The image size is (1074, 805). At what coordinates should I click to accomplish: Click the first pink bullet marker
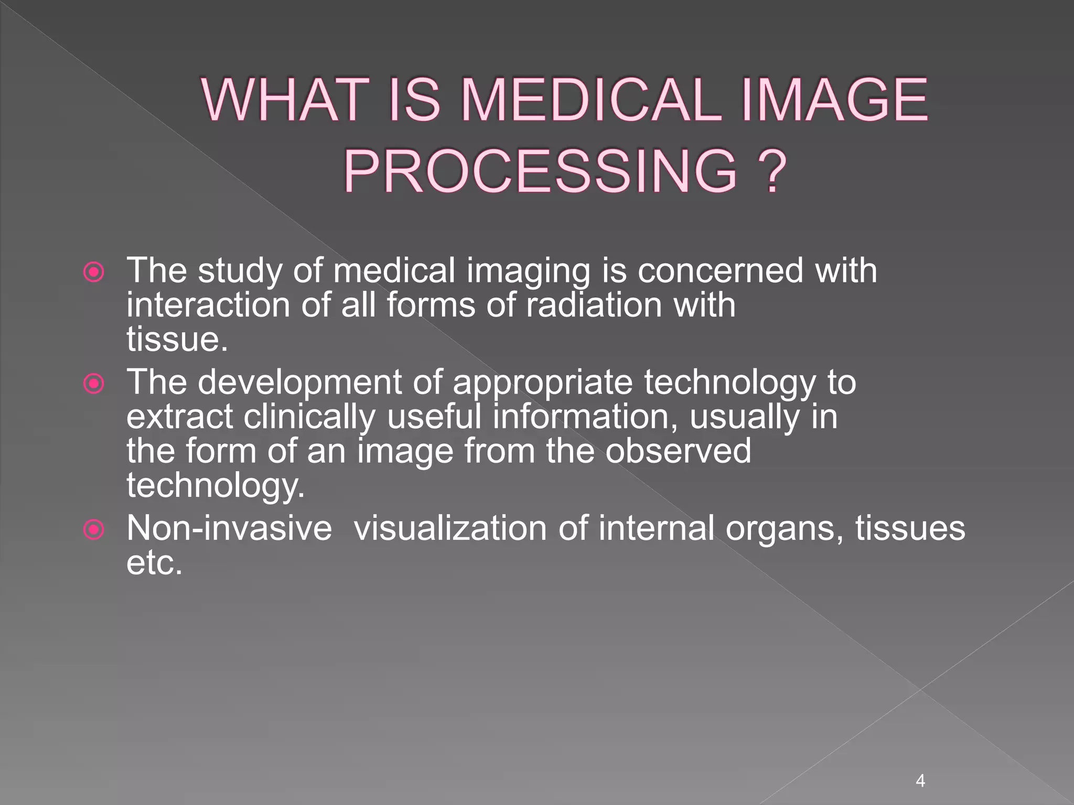point(94,272)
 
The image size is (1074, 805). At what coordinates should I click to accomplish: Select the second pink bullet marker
point(94,384)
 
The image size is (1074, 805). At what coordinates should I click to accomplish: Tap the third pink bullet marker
point(94,530)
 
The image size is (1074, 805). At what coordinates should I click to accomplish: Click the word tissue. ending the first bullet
point(177,340)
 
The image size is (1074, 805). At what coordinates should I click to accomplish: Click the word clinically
point(309,417)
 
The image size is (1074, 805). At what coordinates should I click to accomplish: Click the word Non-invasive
point(229,528)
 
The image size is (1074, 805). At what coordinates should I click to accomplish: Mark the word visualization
point(450,528)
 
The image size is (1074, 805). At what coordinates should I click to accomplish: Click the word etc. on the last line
point(155,563)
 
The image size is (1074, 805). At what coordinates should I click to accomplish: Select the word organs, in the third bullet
point(785,529)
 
